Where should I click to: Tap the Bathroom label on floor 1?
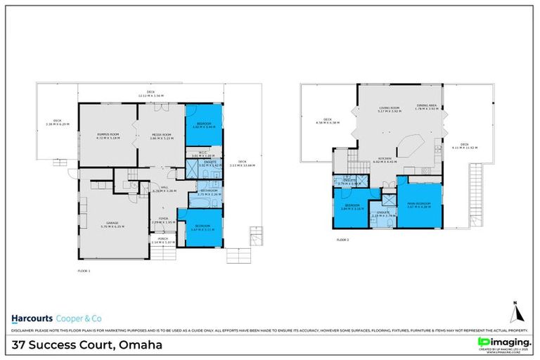point(208,191)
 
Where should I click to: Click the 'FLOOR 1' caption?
point(84,270)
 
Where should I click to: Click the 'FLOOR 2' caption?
point(342,240)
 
